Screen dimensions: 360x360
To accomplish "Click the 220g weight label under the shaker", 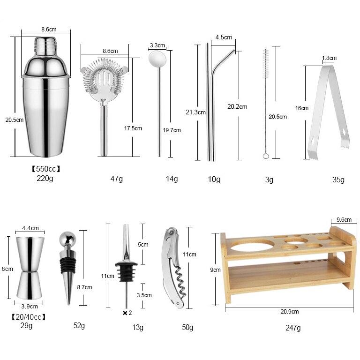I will pos(45,178).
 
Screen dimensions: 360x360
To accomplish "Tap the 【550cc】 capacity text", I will pos(46,169).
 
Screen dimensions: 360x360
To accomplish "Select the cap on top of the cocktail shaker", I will pos(45,45).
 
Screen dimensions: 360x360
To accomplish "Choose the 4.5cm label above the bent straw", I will pos(224,38).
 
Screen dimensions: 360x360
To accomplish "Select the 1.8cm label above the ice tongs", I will pos(329,58).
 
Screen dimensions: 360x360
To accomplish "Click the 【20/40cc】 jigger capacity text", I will pos(28,317).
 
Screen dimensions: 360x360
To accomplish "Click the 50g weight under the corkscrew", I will pos(187,327).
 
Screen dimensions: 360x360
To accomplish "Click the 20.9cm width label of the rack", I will pos(289,311).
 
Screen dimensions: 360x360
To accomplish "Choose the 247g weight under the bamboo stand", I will pos(292,328).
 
